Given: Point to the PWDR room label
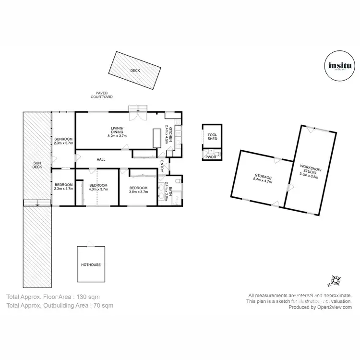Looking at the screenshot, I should tap(210, 156).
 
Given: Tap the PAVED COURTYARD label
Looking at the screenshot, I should tap(102, 95).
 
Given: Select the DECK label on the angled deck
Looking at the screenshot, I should tap(135, 71).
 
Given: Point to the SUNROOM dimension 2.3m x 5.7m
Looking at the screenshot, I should tap(63, 143).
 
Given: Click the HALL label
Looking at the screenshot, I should tap(101, 160).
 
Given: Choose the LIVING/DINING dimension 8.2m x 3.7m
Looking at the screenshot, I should tap(117, 136).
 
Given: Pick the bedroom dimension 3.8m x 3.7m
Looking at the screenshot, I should tap(138, 192).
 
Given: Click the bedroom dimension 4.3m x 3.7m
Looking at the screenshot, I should tap(99, 190).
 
